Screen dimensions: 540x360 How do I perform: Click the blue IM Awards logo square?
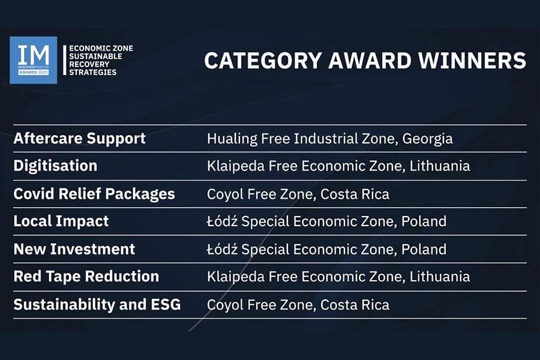[x=34, y=60]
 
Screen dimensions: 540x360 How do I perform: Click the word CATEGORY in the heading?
[x=263, y=61]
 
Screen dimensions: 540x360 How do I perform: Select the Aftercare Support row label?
[x=80, y=139]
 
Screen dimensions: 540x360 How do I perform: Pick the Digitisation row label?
[x=55, y=166]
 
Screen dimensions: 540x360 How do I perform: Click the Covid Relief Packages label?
[x=94, y=194]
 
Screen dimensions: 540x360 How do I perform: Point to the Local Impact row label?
[x=61, y=221]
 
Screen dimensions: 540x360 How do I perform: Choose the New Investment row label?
[x=74, y=249]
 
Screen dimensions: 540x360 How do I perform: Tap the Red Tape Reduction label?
[x=86, y=277]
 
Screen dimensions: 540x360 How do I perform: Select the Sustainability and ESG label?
[x=97, y=305]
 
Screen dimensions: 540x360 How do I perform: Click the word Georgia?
[x=427, y=139]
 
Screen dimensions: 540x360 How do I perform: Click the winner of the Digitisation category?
[x=338, y=166]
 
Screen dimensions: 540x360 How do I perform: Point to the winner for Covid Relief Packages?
[x=298, y=194]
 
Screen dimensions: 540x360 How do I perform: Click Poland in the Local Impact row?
[x=424, y=221]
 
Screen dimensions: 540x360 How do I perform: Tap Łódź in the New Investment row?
[x=222, y=249]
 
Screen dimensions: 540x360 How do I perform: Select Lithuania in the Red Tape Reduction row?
[x=440, y=277]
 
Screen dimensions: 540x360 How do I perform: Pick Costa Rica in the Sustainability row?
[x=355, y=305]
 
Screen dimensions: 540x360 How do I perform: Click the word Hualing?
[x=232, y=139]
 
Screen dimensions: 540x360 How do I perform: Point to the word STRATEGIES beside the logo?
[x=92, y=73]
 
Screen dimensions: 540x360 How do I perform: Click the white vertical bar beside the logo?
[x=64, y=60]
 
